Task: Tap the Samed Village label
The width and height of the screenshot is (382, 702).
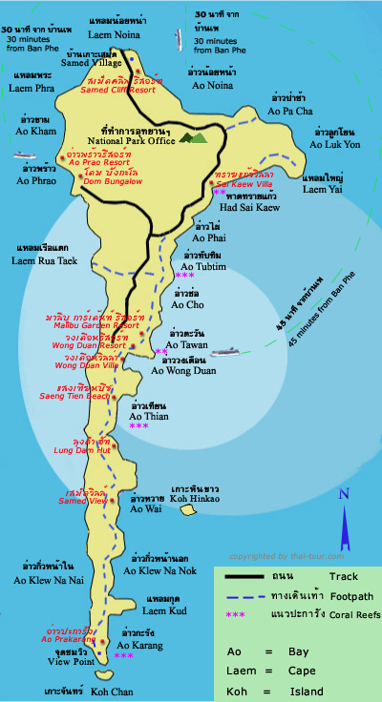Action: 90,63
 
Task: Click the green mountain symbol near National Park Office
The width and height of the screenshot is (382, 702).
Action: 193,137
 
